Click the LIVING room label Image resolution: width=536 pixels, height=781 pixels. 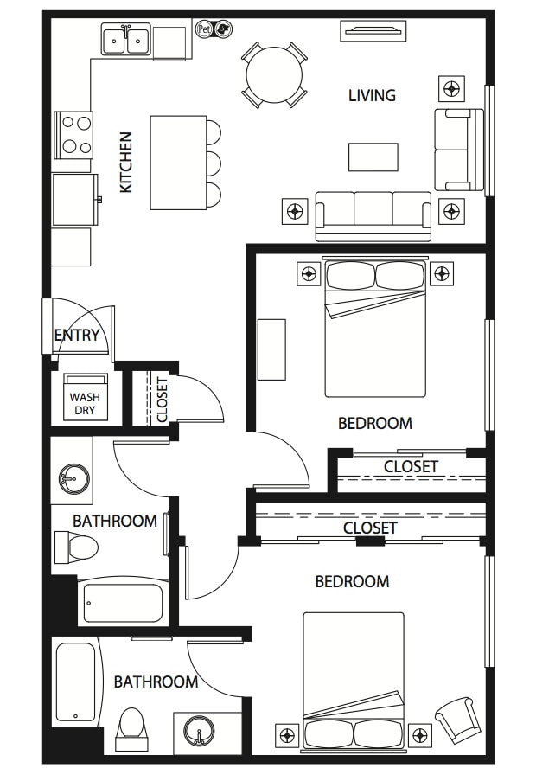pos(372,95)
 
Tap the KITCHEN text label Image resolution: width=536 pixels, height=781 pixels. pos(126,162)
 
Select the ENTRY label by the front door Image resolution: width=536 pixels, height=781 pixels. pos(77,336)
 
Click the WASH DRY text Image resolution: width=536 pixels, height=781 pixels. pos(85,404)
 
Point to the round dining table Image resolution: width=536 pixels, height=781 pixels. pos(274,74)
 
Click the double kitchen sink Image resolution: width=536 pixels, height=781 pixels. pos(125,40)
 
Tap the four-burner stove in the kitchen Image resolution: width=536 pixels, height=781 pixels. pos(73,135)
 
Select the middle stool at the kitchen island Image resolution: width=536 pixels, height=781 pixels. pos(213,163)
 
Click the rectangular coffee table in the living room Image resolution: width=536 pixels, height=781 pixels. pos(373,157)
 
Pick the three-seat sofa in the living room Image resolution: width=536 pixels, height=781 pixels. pos(373,214)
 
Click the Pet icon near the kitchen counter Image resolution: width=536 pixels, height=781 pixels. pos(205,29)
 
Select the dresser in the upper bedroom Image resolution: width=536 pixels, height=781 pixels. pos(271,349)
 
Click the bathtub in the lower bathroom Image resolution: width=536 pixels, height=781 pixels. pos(75,682)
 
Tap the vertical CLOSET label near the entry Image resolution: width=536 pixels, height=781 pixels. pos(162,399)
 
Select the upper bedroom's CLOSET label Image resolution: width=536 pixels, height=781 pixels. pos(411,467)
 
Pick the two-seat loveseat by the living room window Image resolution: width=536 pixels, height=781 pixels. pos(456,149)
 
